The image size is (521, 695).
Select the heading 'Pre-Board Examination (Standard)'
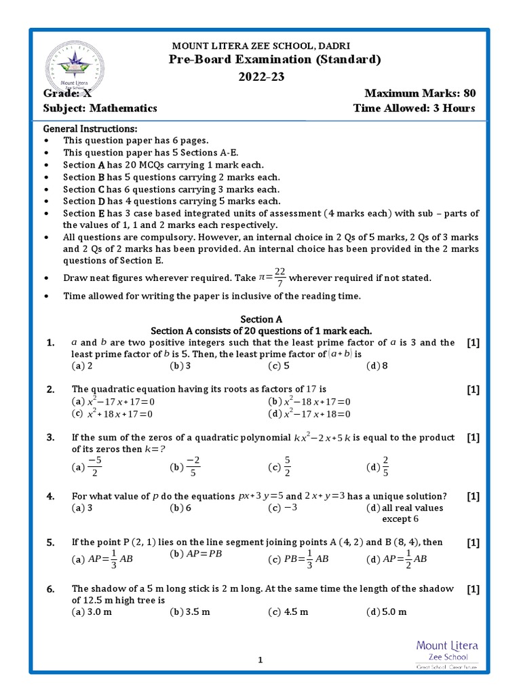(x=275, y=60)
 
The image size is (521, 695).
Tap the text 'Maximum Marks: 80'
(x=419, y=93)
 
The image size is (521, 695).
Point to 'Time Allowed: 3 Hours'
(x=414, y=108)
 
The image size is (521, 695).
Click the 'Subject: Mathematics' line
(x=100, y=108)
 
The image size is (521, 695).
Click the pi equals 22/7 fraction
(x=272, y=277)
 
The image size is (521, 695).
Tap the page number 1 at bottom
(x=260, y=659)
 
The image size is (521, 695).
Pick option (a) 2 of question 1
(x=82, y=366)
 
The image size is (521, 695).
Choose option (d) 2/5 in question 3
(x=378, y=467)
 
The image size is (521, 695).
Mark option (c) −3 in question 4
(x=283, y=508)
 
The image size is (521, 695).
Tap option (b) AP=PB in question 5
(x=196, y=554)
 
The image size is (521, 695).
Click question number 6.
(x=50, y=589)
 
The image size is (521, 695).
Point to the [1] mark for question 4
(x=473, y=496)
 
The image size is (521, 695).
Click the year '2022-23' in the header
(x=260, y=77)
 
